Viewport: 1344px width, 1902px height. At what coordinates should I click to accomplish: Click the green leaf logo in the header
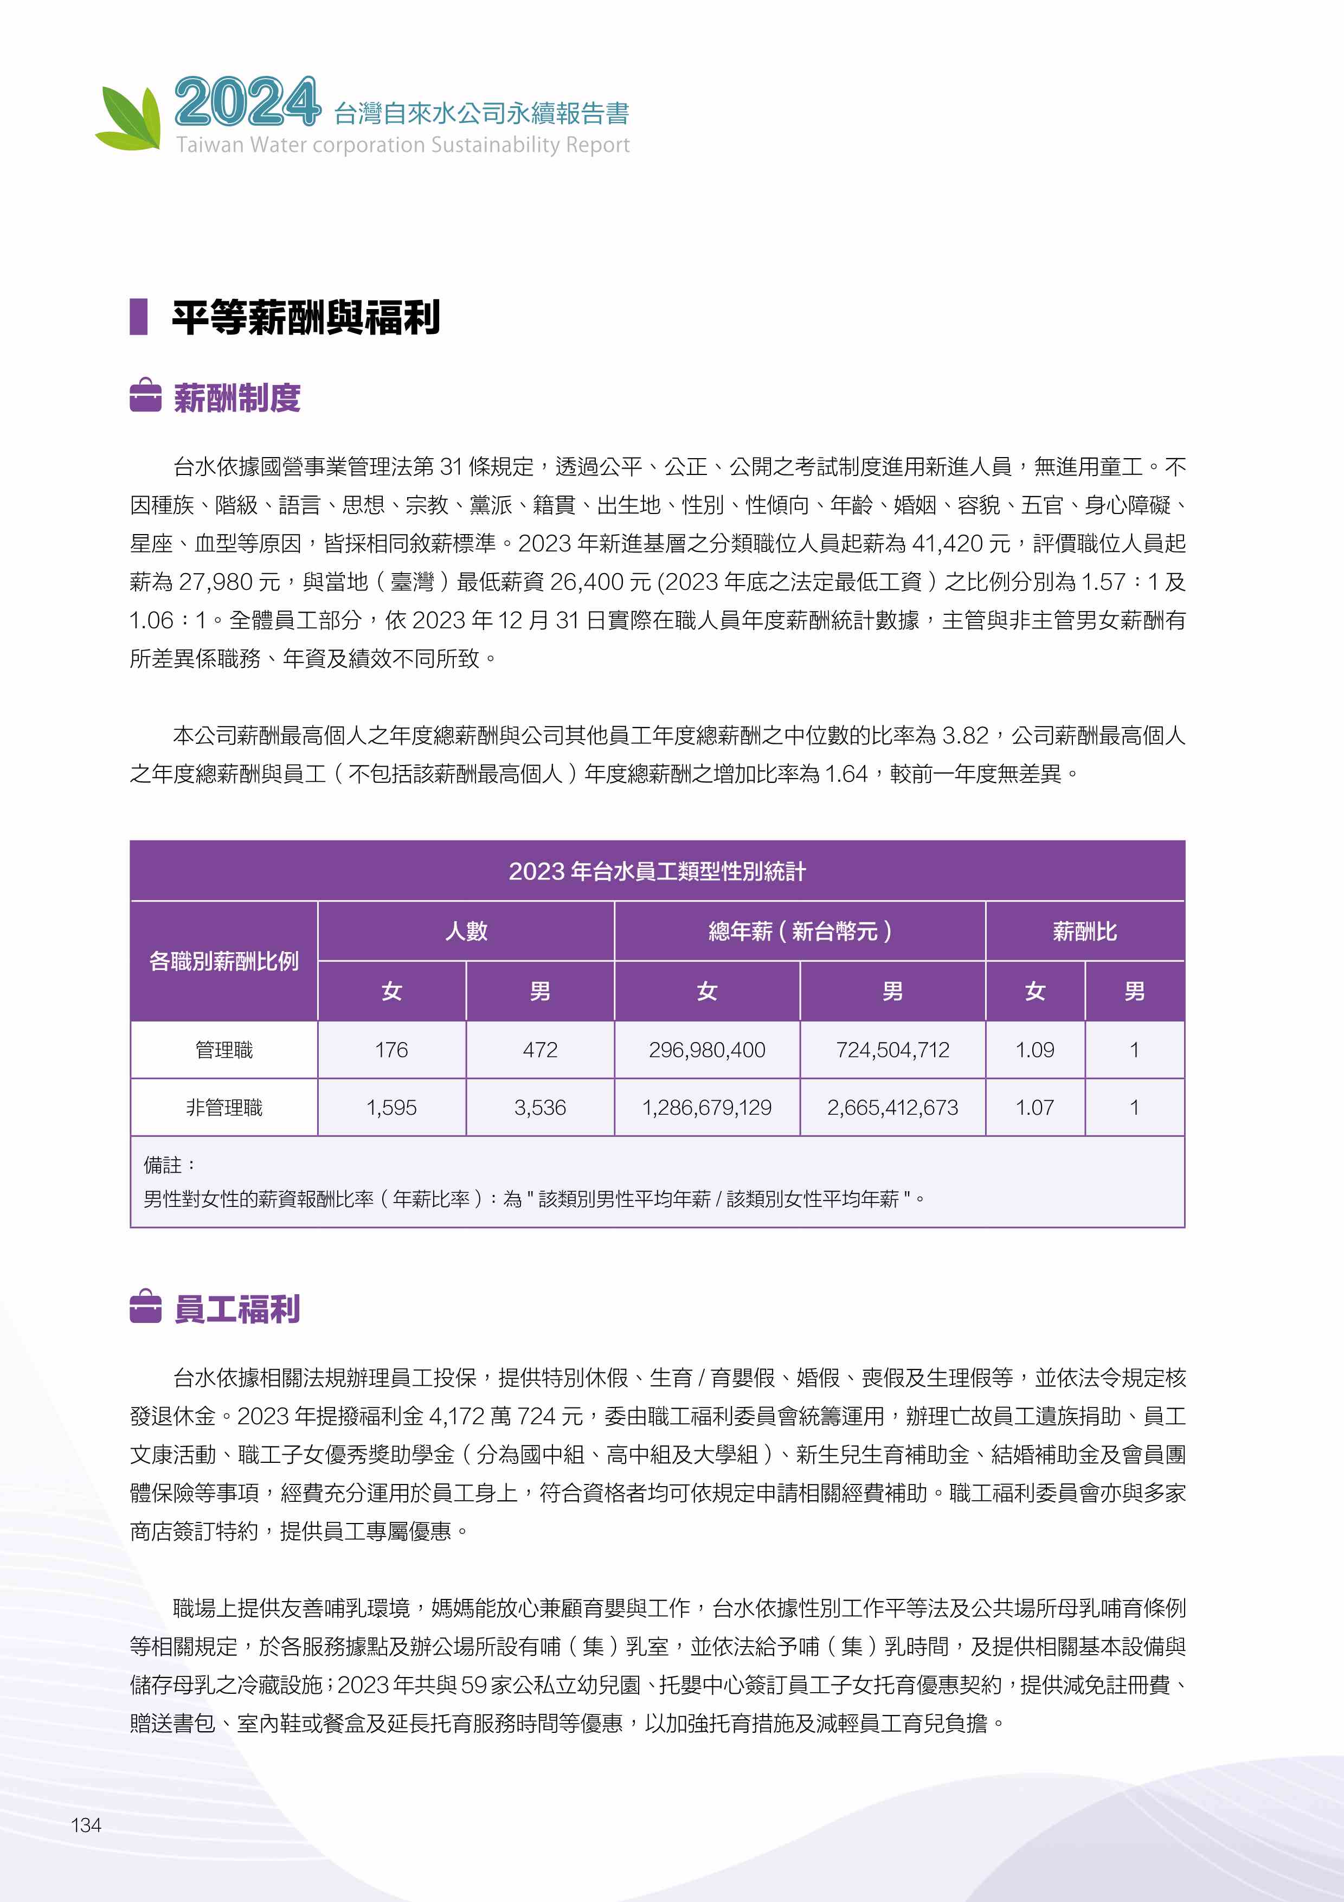click(129, 118)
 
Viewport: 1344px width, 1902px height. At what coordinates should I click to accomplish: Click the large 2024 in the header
click(247, 102)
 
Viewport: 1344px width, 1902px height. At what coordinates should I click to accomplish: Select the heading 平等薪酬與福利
click(306, 317)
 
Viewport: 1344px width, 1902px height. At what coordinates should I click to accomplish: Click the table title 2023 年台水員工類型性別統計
click(657, 871)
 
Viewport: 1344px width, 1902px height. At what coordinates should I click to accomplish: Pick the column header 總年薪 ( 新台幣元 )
click(799, 931)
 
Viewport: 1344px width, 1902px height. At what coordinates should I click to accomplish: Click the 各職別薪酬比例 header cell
click(223, 961)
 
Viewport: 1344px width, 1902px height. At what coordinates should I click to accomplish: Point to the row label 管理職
click(223, 1050)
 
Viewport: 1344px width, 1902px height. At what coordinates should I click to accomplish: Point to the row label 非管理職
click(223, 1108)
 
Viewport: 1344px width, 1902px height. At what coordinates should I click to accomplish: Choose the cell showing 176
click(391, 1050)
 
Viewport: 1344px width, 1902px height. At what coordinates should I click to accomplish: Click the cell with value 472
click(540, 1050)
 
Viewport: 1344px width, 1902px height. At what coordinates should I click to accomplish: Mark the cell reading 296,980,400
click(706, 1050)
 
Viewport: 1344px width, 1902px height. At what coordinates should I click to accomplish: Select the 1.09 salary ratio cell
click(1034, 1050)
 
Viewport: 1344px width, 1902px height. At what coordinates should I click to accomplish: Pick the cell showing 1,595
click(391, 1108)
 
